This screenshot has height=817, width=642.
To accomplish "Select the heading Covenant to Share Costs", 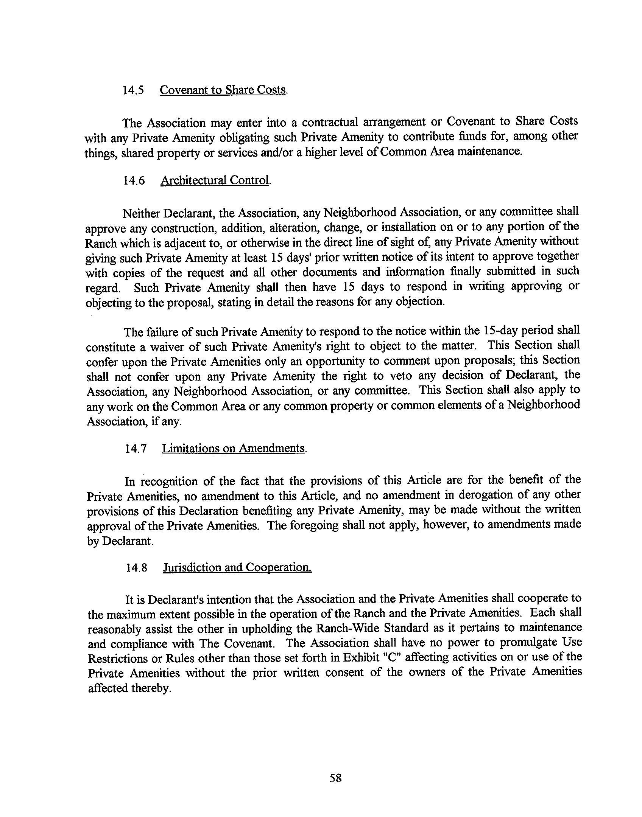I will [x=223, y=90].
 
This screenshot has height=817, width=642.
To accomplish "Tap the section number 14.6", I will [x=134, y=181].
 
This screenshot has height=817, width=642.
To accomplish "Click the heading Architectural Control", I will [x=215, y=180].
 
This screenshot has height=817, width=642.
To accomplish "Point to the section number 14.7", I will [x=136, y=449].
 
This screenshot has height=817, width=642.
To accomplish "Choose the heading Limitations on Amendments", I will [x=234, y=449].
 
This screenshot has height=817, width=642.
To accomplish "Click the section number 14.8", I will [x=136, y=568].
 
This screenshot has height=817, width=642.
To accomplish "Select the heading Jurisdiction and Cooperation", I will [x=237, y=568].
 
